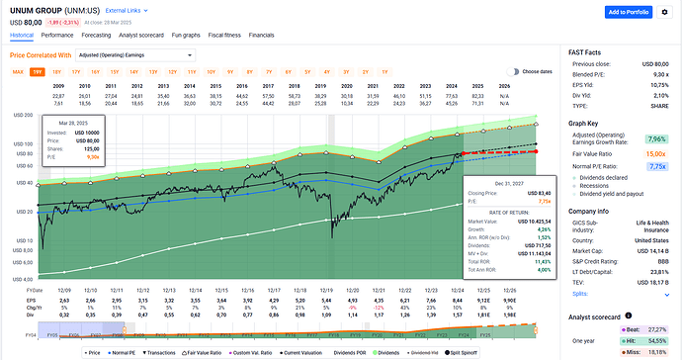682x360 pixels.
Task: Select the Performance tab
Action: (57, 34)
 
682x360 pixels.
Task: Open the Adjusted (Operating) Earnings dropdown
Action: (139, 55)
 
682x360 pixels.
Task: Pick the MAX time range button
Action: (18, 72)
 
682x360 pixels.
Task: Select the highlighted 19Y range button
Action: (38, 72)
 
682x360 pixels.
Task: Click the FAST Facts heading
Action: (592, 49)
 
